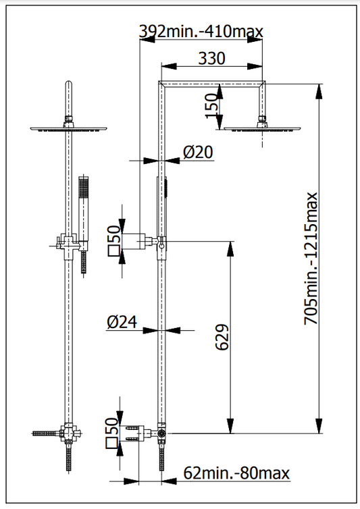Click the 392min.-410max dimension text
[x=201, y=32]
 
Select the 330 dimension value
[x=211, y=59]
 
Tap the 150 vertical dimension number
[x=211, y=106]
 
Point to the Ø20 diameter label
[x=198, y=153]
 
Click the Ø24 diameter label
[x=122, y=322]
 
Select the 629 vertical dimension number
[x=222, y=337]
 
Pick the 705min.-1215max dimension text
[x=311, y=259]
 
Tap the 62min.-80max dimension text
[x=236, y=473]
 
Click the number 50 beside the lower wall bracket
[x=111, y=427]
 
